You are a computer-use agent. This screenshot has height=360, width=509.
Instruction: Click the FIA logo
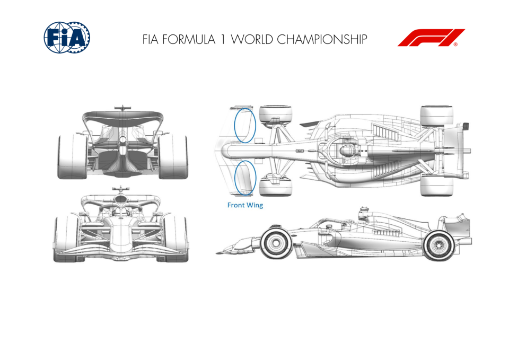coord(67,37)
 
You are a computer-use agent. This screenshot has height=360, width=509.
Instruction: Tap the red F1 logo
coord(431,38)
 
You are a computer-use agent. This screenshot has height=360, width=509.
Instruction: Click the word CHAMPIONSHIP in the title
coord(322,39)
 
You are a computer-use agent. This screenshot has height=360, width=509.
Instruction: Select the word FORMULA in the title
coord(189,39)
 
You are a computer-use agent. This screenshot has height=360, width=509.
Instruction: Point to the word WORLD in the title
coord(251,39)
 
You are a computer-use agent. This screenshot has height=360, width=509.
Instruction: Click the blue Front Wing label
coord(245,205)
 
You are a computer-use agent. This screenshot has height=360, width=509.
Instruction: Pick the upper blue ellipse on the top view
coord(245,125)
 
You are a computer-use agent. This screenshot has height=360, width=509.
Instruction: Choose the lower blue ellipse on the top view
coord(245,178)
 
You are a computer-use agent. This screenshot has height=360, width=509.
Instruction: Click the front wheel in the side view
coord(275,242)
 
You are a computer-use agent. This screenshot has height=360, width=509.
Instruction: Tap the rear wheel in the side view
coord(439,245)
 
